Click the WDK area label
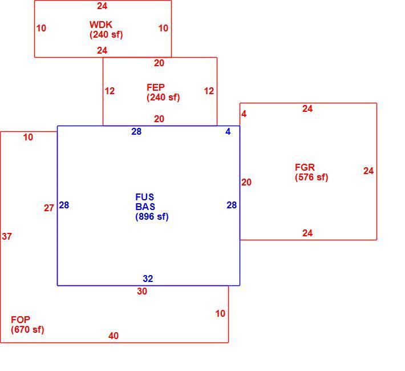tap(101, 25)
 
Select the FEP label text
tap(156, 87)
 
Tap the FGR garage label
tap(305, 167)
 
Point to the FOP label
tap(21, 320)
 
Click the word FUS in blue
tap(145, 197)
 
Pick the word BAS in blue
tap(145, 207)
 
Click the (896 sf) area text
tap(152, 216)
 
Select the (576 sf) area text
tap(311, 177)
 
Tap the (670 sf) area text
tap(27, 329)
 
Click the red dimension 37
tap(7, 236)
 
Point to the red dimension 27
tap(49, 208)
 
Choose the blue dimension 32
tap(148, 279)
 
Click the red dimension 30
tap(142, 291)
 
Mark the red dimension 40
tap(114, 336)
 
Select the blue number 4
tap(228, 132)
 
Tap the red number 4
tap(244, 114)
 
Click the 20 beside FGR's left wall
tap(246, 182)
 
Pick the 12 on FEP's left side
tap(110, 91)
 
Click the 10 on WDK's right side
tap(163, 28)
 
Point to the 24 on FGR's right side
tap(368, 171)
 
